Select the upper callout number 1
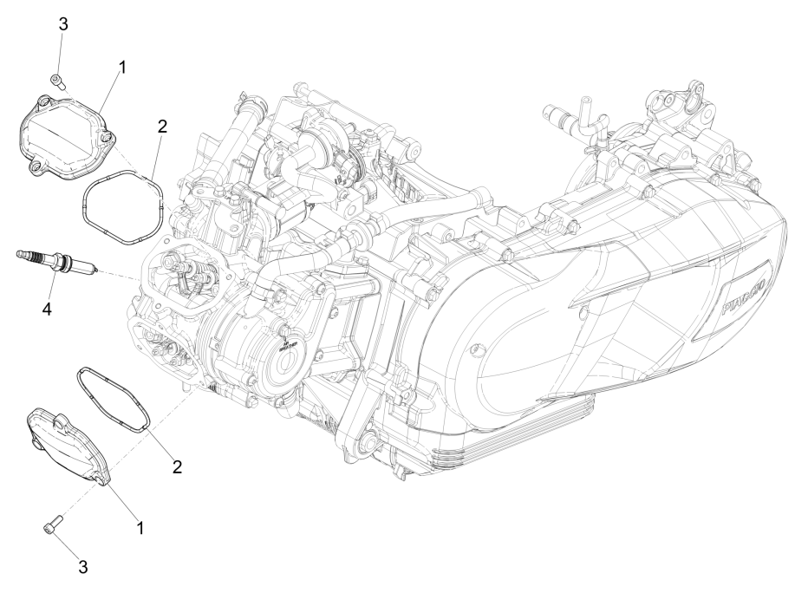[122, 67]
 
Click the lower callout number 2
[177, 466]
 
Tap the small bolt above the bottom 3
[50, 526]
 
